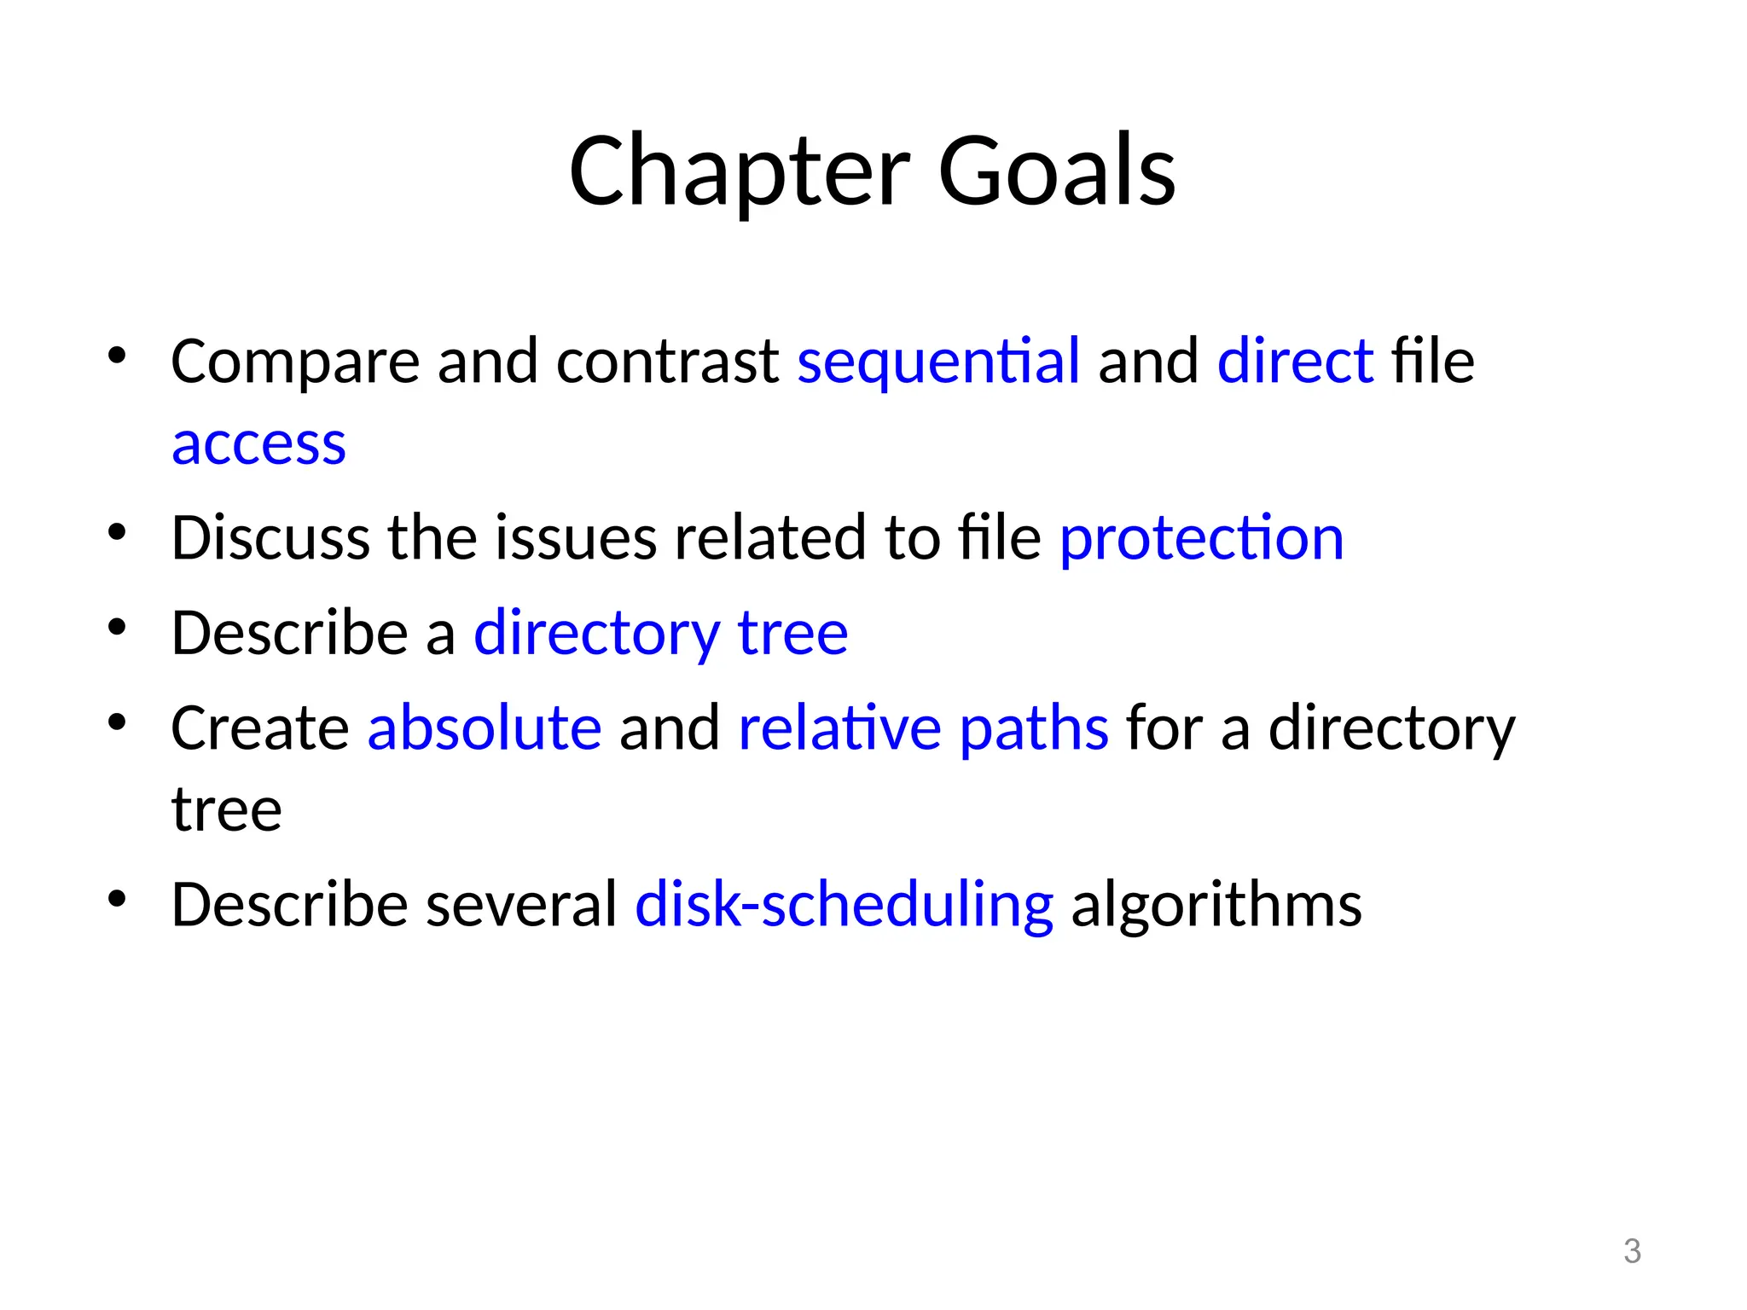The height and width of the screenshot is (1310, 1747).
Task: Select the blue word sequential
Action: (938, 362)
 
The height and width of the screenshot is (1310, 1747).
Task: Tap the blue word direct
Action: (1295, 362)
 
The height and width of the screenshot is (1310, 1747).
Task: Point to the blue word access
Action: (258, 445)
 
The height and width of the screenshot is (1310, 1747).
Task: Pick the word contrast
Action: (667, 362)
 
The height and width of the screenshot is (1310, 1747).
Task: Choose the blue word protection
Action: (1201, 539)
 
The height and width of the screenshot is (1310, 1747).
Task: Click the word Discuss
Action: (270, 539)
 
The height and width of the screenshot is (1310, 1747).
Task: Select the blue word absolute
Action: (484, 728)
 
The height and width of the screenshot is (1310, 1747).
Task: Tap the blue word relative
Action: (839, 728)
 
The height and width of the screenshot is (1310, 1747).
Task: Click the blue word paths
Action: (1034, 728)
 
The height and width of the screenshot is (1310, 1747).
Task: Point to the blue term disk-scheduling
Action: (844, 905)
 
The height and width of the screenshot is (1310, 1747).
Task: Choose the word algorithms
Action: (1216, 905)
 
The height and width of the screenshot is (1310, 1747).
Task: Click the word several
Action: (521, 905)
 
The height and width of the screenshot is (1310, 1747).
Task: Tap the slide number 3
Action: (1632, 1251)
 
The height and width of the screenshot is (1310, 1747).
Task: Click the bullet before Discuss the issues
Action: (117, 533)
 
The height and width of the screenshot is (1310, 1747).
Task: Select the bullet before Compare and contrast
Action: (117, 355)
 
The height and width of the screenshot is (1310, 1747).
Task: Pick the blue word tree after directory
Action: (792, 634)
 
